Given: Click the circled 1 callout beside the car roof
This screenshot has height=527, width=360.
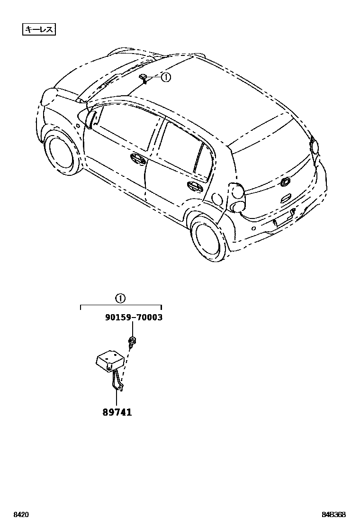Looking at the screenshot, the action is pos(165,77).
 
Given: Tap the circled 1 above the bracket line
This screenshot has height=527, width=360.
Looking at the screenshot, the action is pos(120,298).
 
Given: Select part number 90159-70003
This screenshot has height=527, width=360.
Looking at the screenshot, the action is pos(134,318).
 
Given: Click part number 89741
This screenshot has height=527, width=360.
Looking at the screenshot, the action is pos(117,412).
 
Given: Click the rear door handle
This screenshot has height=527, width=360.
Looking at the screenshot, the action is pos(194,186).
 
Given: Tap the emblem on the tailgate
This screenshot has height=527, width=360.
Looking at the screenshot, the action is pos(286,182).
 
